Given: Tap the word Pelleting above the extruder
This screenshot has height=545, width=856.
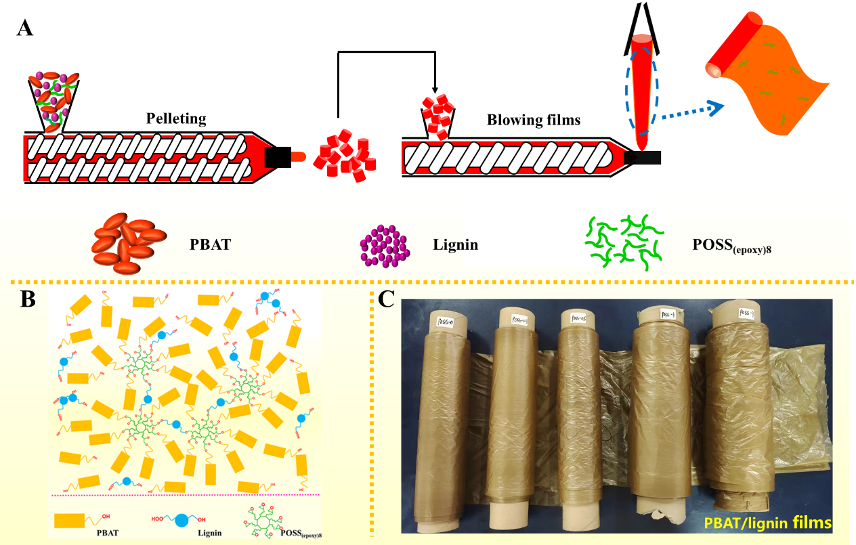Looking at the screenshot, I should coord(176,119).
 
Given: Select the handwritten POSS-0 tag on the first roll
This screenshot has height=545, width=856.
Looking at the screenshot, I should coord(447,320).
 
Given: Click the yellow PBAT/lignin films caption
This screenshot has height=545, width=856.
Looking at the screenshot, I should coord(767,523).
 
